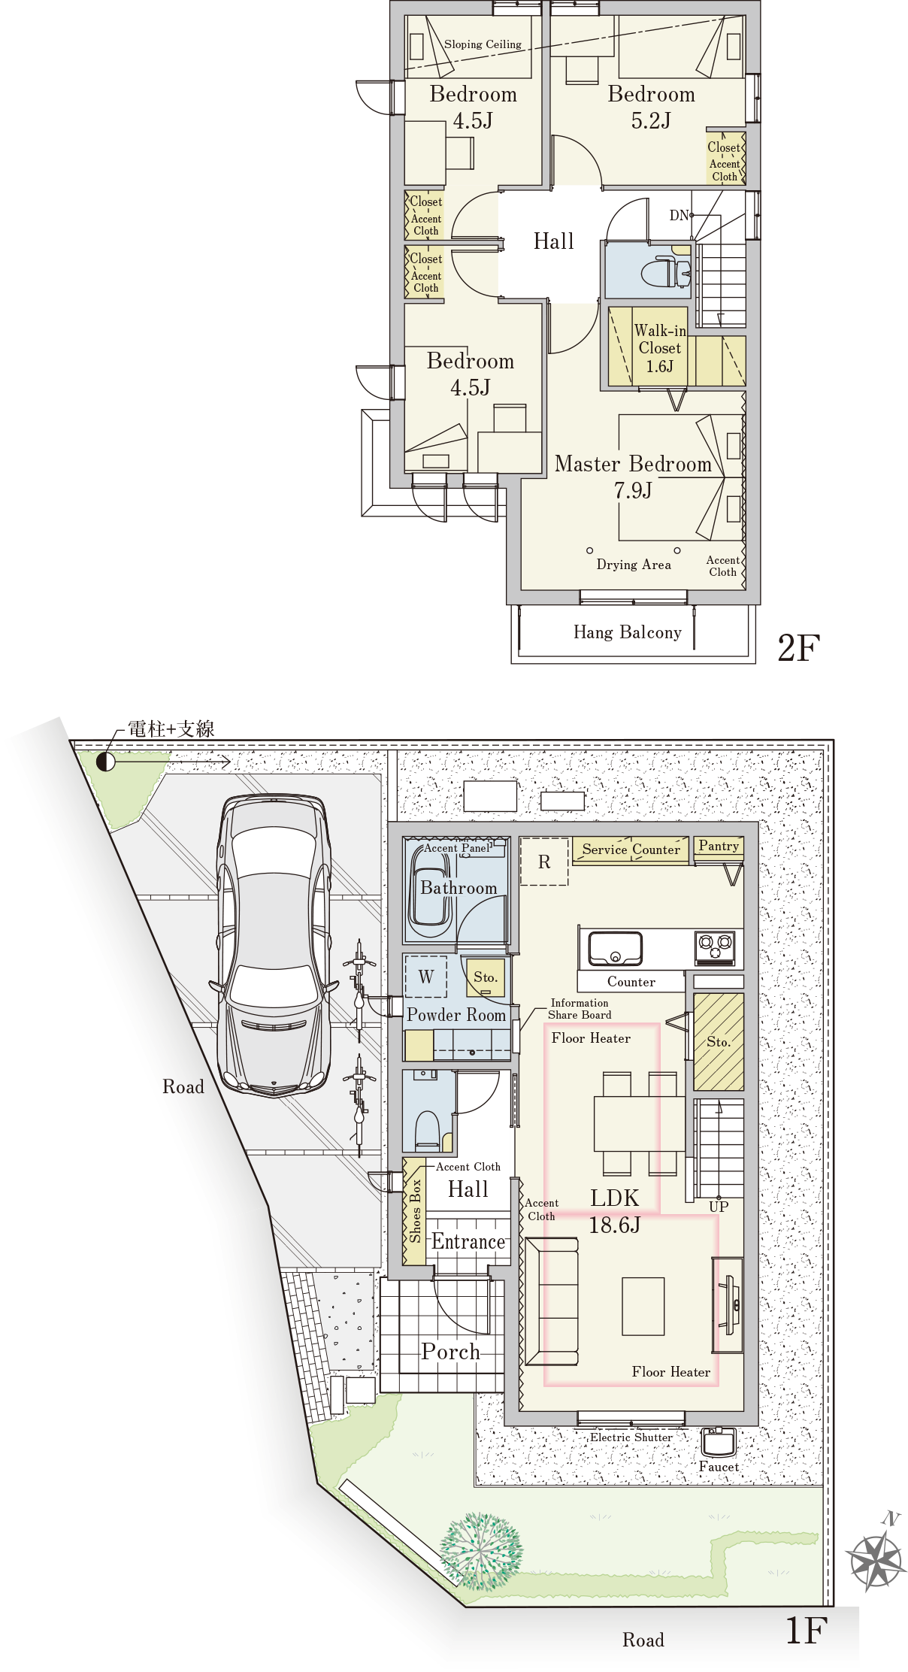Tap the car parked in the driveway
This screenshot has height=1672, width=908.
[x=274, y=945]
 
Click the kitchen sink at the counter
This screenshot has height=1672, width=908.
[x=615, y=948]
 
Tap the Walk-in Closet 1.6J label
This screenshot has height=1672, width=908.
[x=659, y=348]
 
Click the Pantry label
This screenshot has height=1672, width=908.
[x=719, y=846]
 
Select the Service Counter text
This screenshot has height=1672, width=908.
[x=631, y=850]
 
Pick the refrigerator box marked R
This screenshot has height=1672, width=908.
[x=544, y=862]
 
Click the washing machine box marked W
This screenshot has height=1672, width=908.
[x=426, y=977]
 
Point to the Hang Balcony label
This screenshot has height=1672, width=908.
[x=628, y=632]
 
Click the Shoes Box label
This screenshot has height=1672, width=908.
[x=415, y=1210]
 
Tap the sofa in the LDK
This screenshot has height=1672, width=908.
[x=552, y=1301]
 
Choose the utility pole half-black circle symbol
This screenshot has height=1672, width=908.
[x=106, y=762]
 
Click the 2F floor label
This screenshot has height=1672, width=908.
[x=798, y=647]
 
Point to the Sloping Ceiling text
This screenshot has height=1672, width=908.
[x=483, y=44]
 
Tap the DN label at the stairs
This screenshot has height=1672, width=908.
[x=679, y=216]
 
